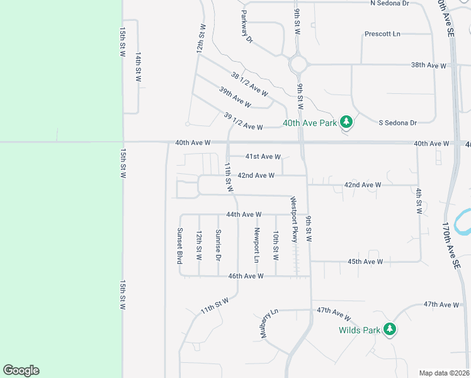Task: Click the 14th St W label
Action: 138,67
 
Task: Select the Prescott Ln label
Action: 383,33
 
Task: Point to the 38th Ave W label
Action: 428,65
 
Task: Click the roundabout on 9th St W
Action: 298,64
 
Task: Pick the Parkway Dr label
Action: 246,26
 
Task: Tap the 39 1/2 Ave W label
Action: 243,122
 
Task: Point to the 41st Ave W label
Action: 263,156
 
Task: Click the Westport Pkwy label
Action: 293,219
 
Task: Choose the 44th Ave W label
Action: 244,214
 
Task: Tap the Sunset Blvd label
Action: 180,245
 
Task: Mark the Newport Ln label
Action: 256,245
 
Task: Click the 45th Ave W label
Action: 365,261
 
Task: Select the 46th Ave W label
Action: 246,276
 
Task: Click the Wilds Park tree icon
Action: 390,329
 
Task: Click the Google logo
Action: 21,370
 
